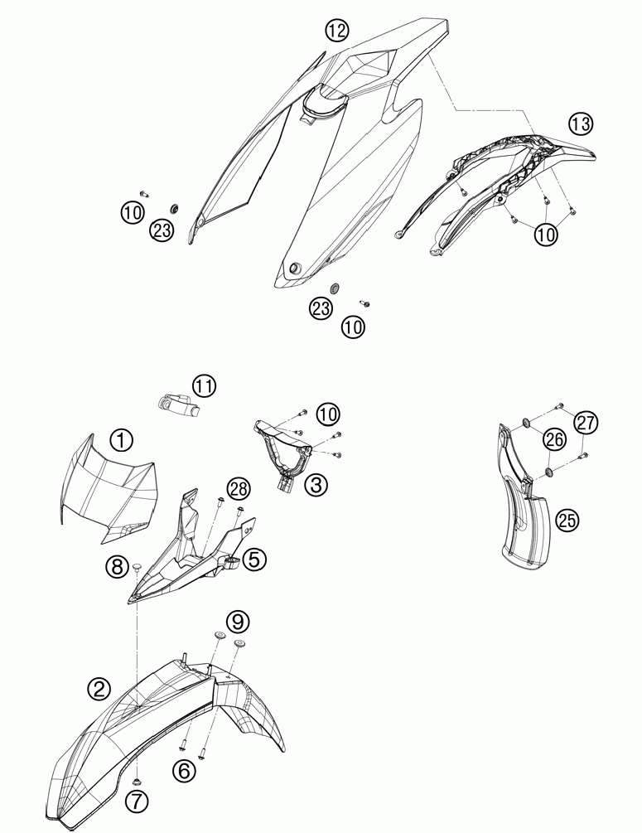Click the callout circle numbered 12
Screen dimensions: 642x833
click(336, 31)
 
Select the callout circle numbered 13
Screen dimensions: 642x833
click(580, 123)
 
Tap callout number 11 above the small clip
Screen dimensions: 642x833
click(204, 385)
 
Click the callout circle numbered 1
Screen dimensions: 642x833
click(122, 440)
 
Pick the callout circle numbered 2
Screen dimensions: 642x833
click(99, 689)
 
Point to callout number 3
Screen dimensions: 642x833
click(316, 484)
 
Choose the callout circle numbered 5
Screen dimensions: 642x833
click(253, 559)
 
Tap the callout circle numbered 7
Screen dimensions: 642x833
click(137, 802)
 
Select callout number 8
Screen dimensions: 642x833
click(118, 566)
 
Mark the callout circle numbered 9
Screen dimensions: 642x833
click(238, 621)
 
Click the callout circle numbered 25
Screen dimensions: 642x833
click(567, 520)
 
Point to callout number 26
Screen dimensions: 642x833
click(554, 439)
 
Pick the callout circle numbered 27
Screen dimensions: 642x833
click(586, 423)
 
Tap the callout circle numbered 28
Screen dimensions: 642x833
click(239, 489)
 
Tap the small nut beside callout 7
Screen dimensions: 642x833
click(138, 781)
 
